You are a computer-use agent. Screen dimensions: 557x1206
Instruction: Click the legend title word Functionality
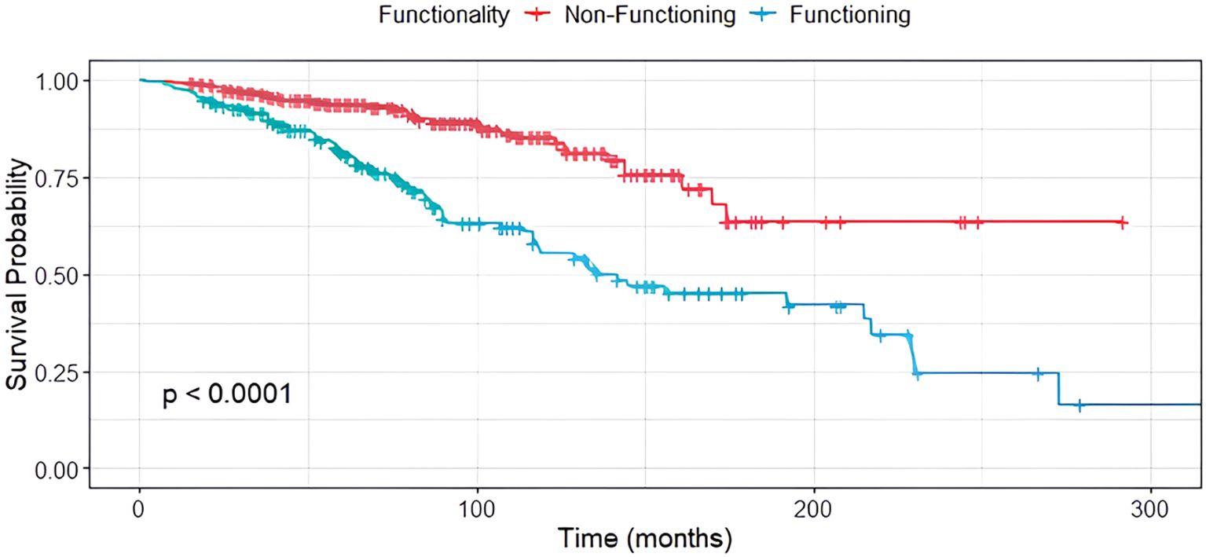tap(444, 15)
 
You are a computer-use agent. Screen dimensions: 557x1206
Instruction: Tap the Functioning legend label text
tap(852, 15)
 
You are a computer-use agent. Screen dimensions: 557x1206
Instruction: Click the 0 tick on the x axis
tap(139, 502)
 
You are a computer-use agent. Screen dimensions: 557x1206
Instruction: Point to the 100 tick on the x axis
tap(476, 502)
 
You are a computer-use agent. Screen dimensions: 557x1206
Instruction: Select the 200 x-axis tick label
tap(813, 502)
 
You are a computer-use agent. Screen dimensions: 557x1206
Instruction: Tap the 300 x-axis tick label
tap(1150, 502)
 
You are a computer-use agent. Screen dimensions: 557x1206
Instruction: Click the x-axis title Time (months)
tap(644, 539)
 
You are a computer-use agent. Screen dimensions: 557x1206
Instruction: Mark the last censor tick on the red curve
tap(1123, 223)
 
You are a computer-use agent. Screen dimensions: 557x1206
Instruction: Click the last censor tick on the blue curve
tap(1079, 405)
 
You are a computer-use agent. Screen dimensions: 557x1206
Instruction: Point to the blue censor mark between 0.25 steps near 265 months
tap(1037, 373)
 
